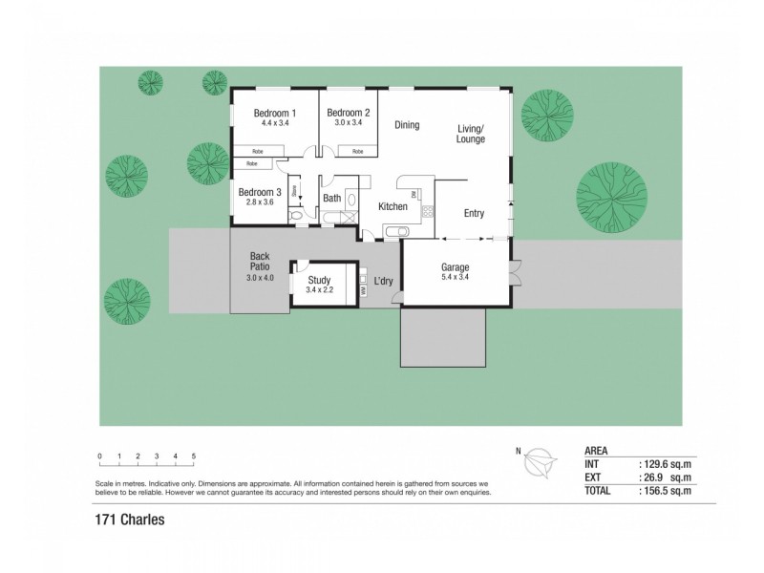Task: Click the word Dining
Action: (x=407, y=125)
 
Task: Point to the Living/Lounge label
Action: (x=471, y=134)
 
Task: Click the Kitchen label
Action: (x=393, y=206)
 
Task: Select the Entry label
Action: (x=474, y=214)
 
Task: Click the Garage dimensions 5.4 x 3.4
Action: (x=455, y=277)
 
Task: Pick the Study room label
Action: (x=318, y=280)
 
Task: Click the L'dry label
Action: (x=385, y=281)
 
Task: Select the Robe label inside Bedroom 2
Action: (x=356, y=151)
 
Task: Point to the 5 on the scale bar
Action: (x=194, y=456)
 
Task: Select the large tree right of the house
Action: (x=611, y=197)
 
